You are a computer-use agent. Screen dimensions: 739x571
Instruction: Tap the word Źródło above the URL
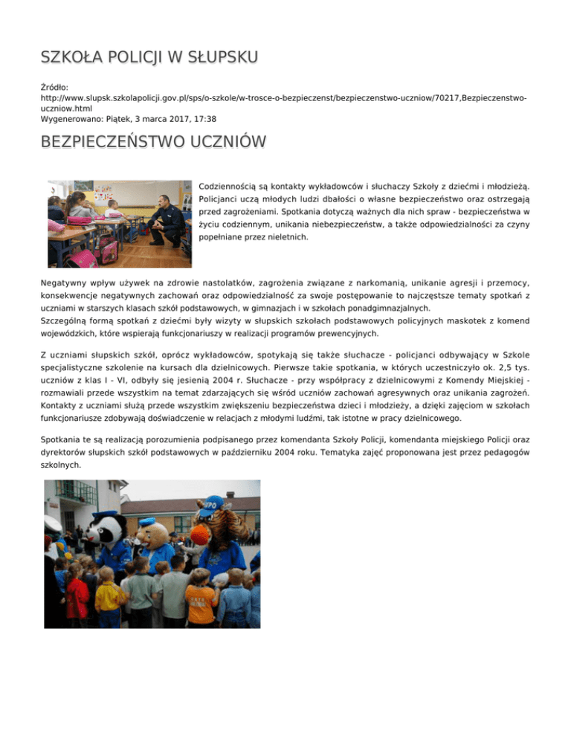click(54, 87)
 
